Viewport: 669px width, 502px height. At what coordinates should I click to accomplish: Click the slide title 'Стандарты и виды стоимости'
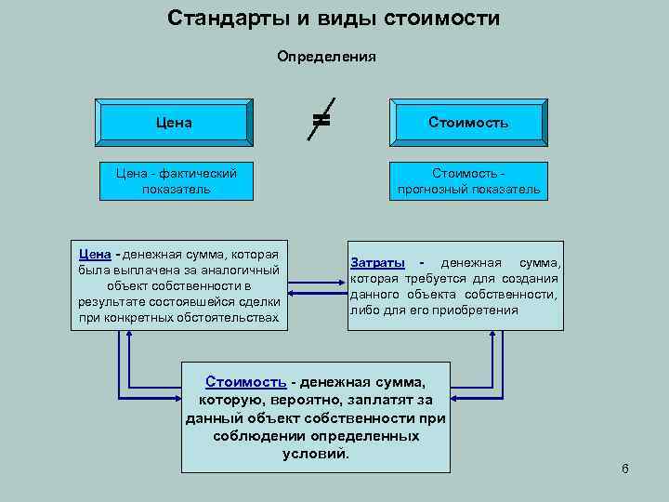(x=334, y=18)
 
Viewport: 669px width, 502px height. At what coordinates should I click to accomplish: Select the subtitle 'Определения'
(x=326, y=56)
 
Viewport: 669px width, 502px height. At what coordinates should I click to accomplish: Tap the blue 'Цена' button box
(x=175, y=122)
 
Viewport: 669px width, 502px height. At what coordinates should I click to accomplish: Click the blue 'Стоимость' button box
(x=468, y=122)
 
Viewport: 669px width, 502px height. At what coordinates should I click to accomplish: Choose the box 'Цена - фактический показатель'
(x=176, y=180)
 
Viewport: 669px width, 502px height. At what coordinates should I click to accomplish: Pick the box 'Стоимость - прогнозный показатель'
(x=468, y=180)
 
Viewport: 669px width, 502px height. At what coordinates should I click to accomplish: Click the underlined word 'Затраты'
(x=379, y=263)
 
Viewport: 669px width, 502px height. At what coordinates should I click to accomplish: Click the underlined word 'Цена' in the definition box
(x=95, y=254)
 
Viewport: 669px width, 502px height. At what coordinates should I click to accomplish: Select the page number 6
(x=625, y=469)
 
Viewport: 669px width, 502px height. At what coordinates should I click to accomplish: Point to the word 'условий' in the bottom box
(x=315, y=454)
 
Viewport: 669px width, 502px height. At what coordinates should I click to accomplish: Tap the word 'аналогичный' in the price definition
(x=243, y=270)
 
